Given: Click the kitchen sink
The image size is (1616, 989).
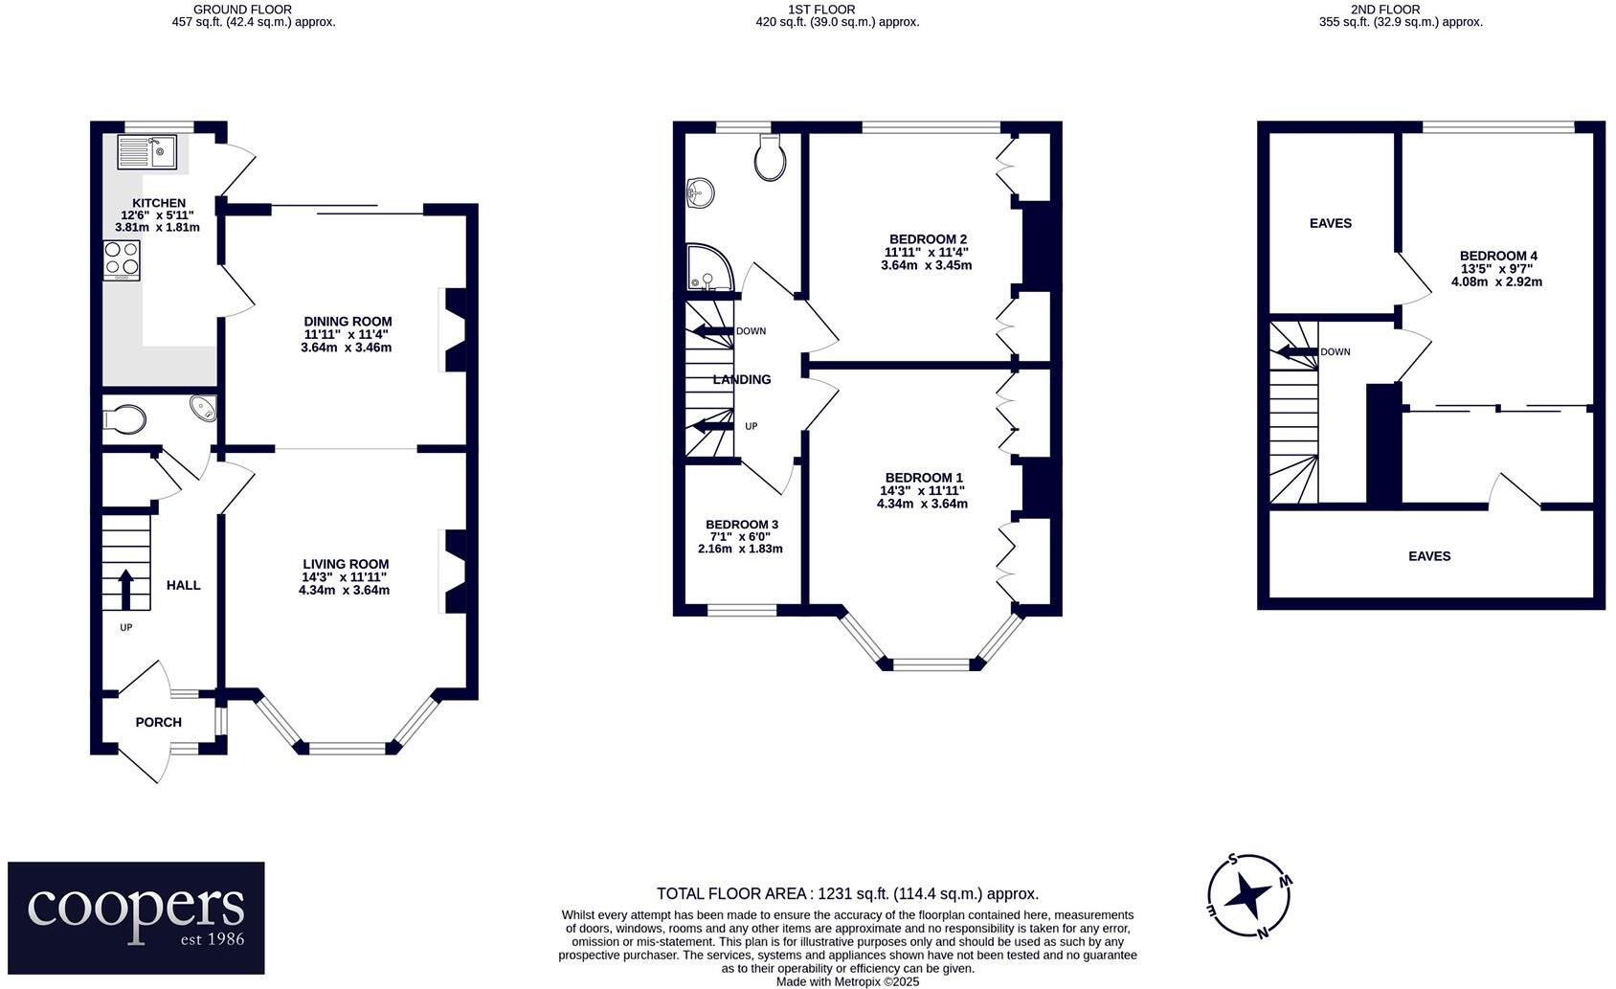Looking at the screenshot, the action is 147,151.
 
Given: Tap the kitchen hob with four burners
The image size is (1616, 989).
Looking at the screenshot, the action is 122,259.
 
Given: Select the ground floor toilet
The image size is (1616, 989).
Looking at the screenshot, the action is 124,419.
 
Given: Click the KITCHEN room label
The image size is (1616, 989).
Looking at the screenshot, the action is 159,203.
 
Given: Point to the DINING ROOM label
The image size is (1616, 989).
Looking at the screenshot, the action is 348,322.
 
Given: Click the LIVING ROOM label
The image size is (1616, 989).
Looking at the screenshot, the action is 346,564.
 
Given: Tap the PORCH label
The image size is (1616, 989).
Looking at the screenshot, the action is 159,722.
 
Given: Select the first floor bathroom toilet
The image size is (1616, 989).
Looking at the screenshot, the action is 770,157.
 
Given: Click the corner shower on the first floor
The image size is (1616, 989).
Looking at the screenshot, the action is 710,268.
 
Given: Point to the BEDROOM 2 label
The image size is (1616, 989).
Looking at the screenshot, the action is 928,239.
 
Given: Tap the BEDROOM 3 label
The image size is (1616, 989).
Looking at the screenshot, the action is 742,525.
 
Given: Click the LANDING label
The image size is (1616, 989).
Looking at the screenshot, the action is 742,379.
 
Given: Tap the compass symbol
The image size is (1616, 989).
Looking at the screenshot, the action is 1249,896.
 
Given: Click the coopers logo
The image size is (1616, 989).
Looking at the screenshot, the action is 136,917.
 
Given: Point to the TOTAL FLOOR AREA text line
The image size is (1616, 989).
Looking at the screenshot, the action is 847,894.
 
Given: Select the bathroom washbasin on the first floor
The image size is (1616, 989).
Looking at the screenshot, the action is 700,192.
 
